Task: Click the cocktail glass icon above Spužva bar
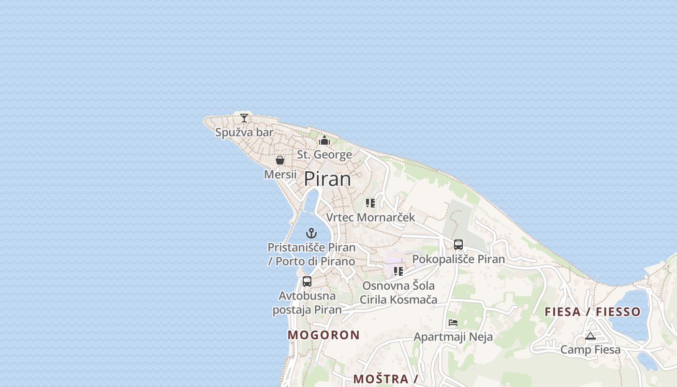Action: (x=244, y=118)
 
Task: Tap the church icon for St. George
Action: (x=324, y=140)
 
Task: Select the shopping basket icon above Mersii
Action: (x=280, y=160)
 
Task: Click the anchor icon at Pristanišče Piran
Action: (x=312, y=233)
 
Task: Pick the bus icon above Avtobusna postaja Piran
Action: (x=307, y=282)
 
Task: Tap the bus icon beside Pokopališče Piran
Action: (x=458, y=245)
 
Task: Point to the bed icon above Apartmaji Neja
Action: (x=453, y=323)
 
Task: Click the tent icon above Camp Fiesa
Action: (x=590, y=336)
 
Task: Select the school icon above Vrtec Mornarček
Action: (x=370, y=203)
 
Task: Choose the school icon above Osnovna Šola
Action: (x=398, y=271)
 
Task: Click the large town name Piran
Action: (x=327, y=179)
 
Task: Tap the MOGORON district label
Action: (x=324, y=335)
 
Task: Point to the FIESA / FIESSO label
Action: (x=593, y=312)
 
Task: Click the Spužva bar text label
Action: (x=244, y=132)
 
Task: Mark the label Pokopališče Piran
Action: (x=458, y=259)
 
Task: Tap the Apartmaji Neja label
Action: (x=453, y=337)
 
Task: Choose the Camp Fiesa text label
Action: (x=590, y=349)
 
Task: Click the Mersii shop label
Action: (x=280, y=174)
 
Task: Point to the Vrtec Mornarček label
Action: (x=370, y=217)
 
